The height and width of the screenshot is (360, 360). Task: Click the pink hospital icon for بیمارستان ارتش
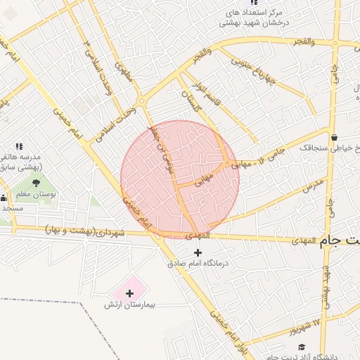129,292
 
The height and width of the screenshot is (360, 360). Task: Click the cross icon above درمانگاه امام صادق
197,252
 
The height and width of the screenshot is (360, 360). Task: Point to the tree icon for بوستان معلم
36,182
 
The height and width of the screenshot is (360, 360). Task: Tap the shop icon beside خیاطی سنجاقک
333,136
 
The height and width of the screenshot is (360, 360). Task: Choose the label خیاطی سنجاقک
329,148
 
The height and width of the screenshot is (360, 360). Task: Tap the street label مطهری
124,73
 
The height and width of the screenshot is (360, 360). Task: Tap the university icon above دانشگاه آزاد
301,348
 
